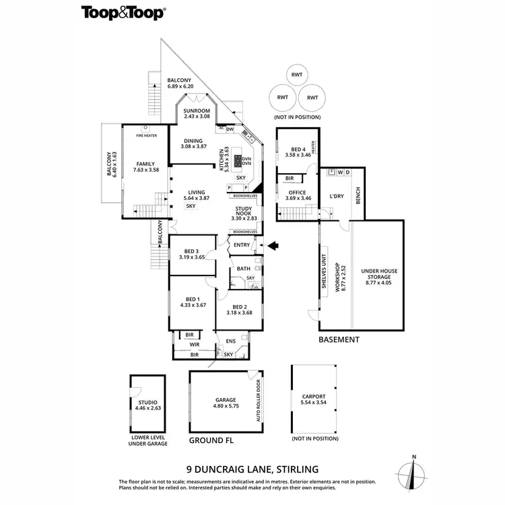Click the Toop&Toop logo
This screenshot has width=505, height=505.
point(125,11)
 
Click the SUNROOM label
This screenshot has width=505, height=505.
point(197,111)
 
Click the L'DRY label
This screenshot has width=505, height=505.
point(337,196)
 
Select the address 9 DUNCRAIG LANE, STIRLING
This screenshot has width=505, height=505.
point(252,469)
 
